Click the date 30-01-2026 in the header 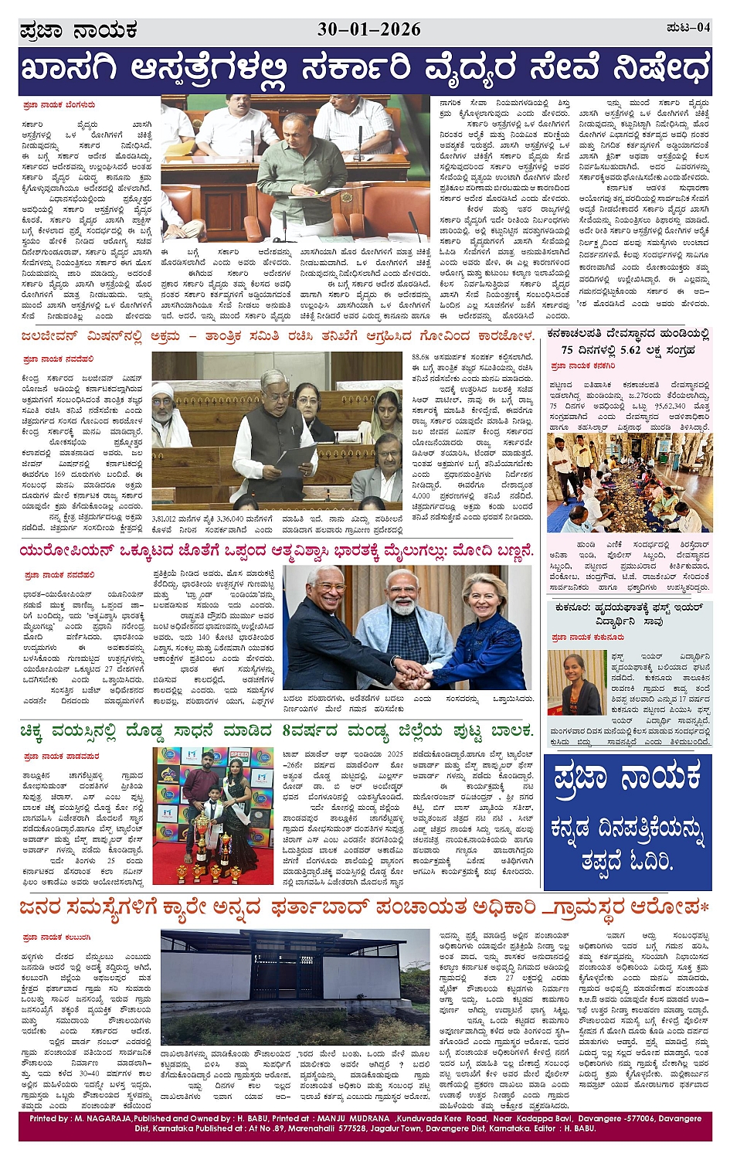point(368,29)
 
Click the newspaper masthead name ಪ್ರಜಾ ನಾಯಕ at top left point(78,31)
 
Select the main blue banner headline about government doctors point(365,70)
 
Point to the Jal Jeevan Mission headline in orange point(277,336)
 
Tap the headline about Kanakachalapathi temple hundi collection point(627,341)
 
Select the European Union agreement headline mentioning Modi point(277,551)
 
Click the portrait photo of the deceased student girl point(575,682)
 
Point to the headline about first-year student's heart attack point(627,614)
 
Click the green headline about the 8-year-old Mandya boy point(277,730)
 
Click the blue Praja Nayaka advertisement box point(627,822)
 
